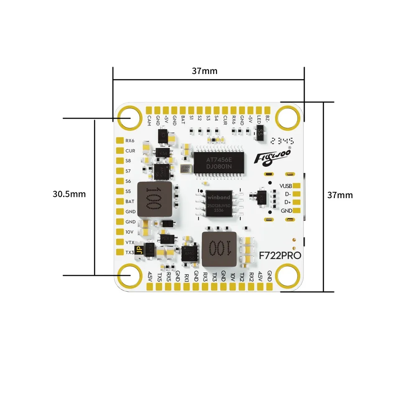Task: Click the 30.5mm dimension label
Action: click(x=69, y=194)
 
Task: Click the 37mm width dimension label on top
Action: click(x=204, y=71)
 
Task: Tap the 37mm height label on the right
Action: click(x=340, y=195)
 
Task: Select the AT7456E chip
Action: click(x=219, y=161)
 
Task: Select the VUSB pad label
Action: click(x=286, y=186)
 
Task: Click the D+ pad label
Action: click(x=288, y=202)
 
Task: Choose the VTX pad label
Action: click(x=130, y=242)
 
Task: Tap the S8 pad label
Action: click(x=128, y=161)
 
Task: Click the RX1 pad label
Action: click(x=186, y=277)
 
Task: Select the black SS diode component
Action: click(x=260, y=133)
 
